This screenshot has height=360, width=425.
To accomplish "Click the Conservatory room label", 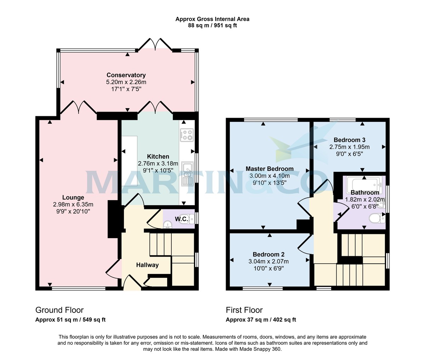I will (126, 75).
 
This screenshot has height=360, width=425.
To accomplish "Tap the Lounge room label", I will (73, 197).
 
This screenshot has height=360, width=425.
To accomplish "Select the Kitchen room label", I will (158, 156).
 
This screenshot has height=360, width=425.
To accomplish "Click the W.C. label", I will (182, 219).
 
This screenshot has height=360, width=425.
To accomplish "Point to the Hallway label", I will (147, 265).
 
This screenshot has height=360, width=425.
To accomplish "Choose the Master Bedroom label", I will (270, 169).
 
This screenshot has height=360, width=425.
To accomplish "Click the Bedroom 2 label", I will (268, 254).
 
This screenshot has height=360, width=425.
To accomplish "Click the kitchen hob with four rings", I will (187, 134).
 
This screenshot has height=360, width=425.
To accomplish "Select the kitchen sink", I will (187, 174).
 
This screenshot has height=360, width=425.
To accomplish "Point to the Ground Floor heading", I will (59, 310).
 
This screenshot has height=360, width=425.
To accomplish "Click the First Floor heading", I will (244, 310).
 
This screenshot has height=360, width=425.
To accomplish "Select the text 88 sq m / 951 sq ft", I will (212, 26).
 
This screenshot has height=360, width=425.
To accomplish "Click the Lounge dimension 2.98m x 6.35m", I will (73, 204).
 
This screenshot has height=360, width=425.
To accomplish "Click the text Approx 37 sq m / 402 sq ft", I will (261, 320).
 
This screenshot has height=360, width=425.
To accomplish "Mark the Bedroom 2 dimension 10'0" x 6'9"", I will (268, 268).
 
